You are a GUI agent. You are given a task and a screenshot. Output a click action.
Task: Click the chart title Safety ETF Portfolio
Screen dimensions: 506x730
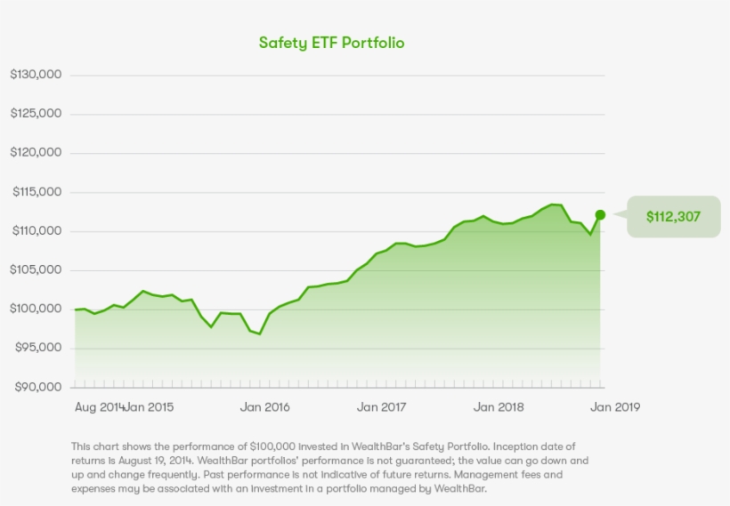tap(331, 43)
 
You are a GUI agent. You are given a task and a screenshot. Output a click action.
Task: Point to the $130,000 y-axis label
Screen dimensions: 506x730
tap(36, 75)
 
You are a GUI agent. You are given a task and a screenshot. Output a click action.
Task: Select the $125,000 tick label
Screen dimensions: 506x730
tap(36, 114)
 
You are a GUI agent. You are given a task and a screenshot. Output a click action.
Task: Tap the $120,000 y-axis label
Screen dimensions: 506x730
tap(36, 153)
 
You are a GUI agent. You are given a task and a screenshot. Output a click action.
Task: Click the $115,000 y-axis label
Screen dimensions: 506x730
tap(36, 192)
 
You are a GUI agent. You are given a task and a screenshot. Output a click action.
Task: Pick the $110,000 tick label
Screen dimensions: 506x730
tap(36, 231)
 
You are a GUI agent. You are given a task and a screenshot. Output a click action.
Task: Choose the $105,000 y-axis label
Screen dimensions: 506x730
tap(36, 270)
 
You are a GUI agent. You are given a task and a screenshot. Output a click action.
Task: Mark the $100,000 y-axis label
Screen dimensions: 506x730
tap(36, 309)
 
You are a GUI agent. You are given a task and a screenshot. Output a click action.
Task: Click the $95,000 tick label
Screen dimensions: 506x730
tap(37, 349)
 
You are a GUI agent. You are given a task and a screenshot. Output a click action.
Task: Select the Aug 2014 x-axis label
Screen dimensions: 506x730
tap(98, 407)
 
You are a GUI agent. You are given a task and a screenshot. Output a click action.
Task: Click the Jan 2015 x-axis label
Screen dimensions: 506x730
tap(150, 407)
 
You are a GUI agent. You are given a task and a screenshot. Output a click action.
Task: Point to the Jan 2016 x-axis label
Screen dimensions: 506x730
tap(265, 407)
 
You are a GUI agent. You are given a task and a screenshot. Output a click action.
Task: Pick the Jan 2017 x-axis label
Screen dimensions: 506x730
tap(381, 407)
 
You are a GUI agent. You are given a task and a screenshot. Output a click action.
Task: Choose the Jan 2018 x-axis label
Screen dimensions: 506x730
tap(498, 407)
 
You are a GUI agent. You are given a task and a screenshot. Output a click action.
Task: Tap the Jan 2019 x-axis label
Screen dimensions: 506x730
tap(615, 407)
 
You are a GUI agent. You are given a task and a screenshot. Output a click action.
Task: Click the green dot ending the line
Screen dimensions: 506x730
tap(600, 215)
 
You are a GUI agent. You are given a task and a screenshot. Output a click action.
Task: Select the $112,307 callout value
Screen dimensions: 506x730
tap(674, 216)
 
